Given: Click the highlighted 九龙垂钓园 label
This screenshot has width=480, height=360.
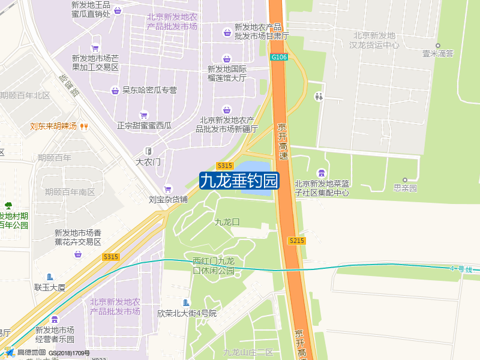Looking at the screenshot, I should (239, 180).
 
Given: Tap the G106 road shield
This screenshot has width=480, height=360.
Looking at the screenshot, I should (279, 57).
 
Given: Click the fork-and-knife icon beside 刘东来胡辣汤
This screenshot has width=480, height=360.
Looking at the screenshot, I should (85, 127).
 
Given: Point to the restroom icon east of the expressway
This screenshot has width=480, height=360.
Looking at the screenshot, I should (319, 96).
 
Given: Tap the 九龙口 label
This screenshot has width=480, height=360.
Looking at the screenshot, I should (227, 222).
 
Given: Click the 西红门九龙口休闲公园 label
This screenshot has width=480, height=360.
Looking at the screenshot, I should (213, 266).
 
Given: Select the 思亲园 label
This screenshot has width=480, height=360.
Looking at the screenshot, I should (405, 188).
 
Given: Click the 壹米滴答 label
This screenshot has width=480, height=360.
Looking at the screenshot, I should (438, 53).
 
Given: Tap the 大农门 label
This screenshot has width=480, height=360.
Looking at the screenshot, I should (148, 161).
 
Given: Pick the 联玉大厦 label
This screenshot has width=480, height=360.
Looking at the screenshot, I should (50, 287).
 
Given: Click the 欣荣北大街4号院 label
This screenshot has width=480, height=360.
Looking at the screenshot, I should (187, 313).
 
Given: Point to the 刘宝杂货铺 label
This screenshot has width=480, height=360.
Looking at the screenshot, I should (169, 199).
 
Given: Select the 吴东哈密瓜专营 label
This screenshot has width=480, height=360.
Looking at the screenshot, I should (149, 91).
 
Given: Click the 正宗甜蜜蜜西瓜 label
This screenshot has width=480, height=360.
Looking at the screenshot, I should (144, 125).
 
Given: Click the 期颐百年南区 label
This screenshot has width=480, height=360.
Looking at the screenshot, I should (70, 192).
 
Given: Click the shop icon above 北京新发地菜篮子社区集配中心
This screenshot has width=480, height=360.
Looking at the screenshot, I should (322, 173).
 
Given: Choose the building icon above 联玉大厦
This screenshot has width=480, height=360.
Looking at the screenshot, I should (50, 277).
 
